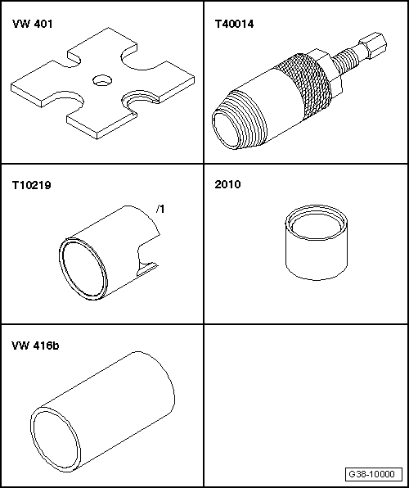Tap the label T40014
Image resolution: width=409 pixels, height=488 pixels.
(233, 25)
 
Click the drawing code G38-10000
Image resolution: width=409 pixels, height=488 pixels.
(372, 474)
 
